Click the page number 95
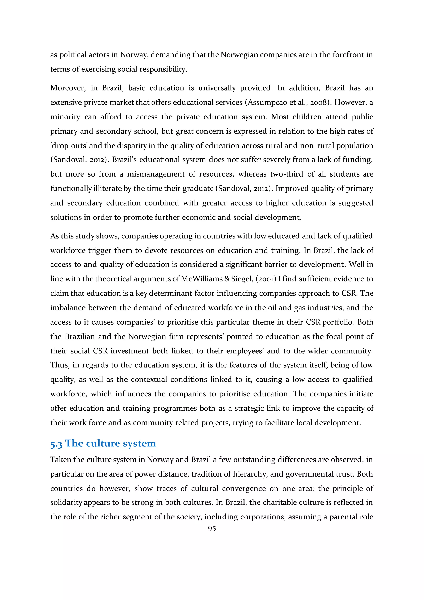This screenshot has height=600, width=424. [212, 529]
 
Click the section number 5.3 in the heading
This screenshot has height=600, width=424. [56, 444]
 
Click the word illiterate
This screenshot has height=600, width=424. [108, 189]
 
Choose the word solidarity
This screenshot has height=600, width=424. [66, 503]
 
